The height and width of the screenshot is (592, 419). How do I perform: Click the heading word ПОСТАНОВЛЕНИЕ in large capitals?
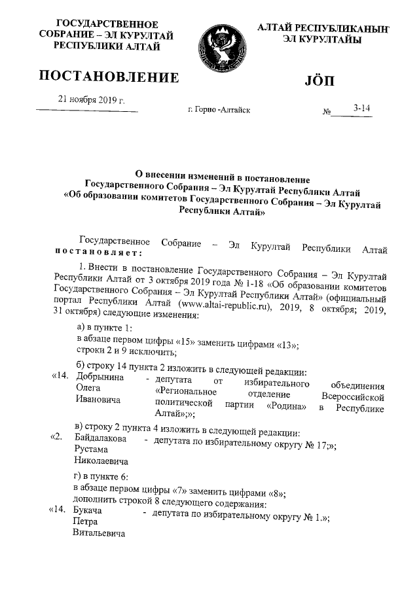109,79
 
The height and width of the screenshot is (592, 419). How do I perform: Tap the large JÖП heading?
319,81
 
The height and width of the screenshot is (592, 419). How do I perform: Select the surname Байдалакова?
101,440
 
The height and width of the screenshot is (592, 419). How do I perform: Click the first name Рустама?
92,451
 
